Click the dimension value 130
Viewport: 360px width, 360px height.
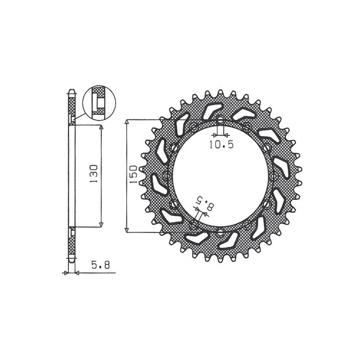point(94,174)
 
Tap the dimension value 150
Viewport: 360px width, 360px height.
point(133,174)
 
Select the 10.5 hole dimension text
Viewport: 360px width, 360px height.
point(221,144)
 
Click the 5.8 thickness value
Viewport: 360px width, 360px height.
point(100,265)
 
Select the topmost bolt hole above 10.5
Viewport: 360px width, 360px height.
point(220,120)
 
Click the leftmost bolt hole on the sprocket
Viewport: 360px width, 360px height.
point(166,176)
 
